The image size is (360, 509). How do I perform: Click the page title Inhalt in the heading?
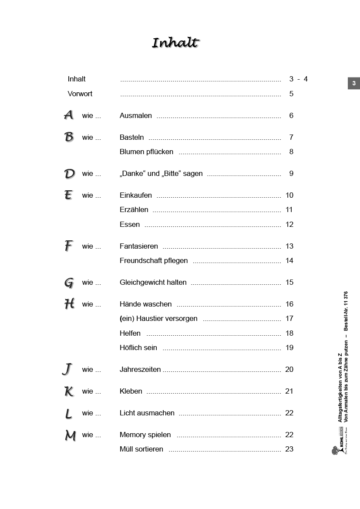pyautogui.click(x=175, y=43)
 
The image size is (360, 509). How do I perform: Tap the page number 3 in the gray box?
pyautogui.click(x=353, y=83)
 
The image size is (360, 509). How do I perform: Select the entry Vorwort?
pyautogui.click(x=80, y=94)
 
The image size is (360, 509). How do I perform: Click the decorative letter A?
pyautogui.click(x=69, y=115)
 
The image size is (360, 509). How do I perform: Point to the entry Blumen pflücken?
pyautogui.click(x=146, y=152)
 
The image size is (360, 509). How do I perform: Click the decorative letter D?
pyautogui.click(x=69, y=174)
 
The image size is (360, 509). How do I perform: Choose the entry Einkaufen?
pyautogui.click(x=136, y=195)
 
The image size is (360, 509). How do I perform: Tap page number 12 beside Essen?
pyautogui.click(x=289, y=224)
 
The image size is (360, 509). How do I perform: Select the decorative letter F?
pyautogui.click(x=68, y=246)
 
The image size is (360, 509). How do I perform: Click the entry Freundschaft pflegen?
pyautogui.click(x=154, y=260)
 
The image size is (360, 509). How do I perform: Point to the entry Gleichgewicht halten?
pyautogui.click(x=153, y=282)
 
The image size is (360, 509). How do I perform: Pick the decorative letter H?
pyautogui.click(x=69, y=304)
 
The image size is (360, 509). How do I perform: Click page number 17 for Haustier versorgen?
pyautogui.click(x=289, y=318)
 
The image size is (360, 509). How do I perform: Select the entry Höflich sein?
pyautogui.click(x=138, y=347)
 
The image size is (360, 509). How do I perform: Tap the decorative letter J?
pyautogui.click(x=67, y=370)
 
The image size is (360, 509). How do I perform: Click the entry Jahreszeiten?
pyautogui.click(x=140, y=369)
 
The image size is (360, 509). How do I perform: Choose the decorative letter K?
pyautogui.click(x=69, y=391)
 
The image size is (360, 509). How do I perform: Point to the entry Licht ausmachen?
pyautogui.click(x=147, y=413)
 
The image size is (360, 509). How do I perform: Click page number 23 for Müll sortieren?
pyautogui.click(x=289, y=449)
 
